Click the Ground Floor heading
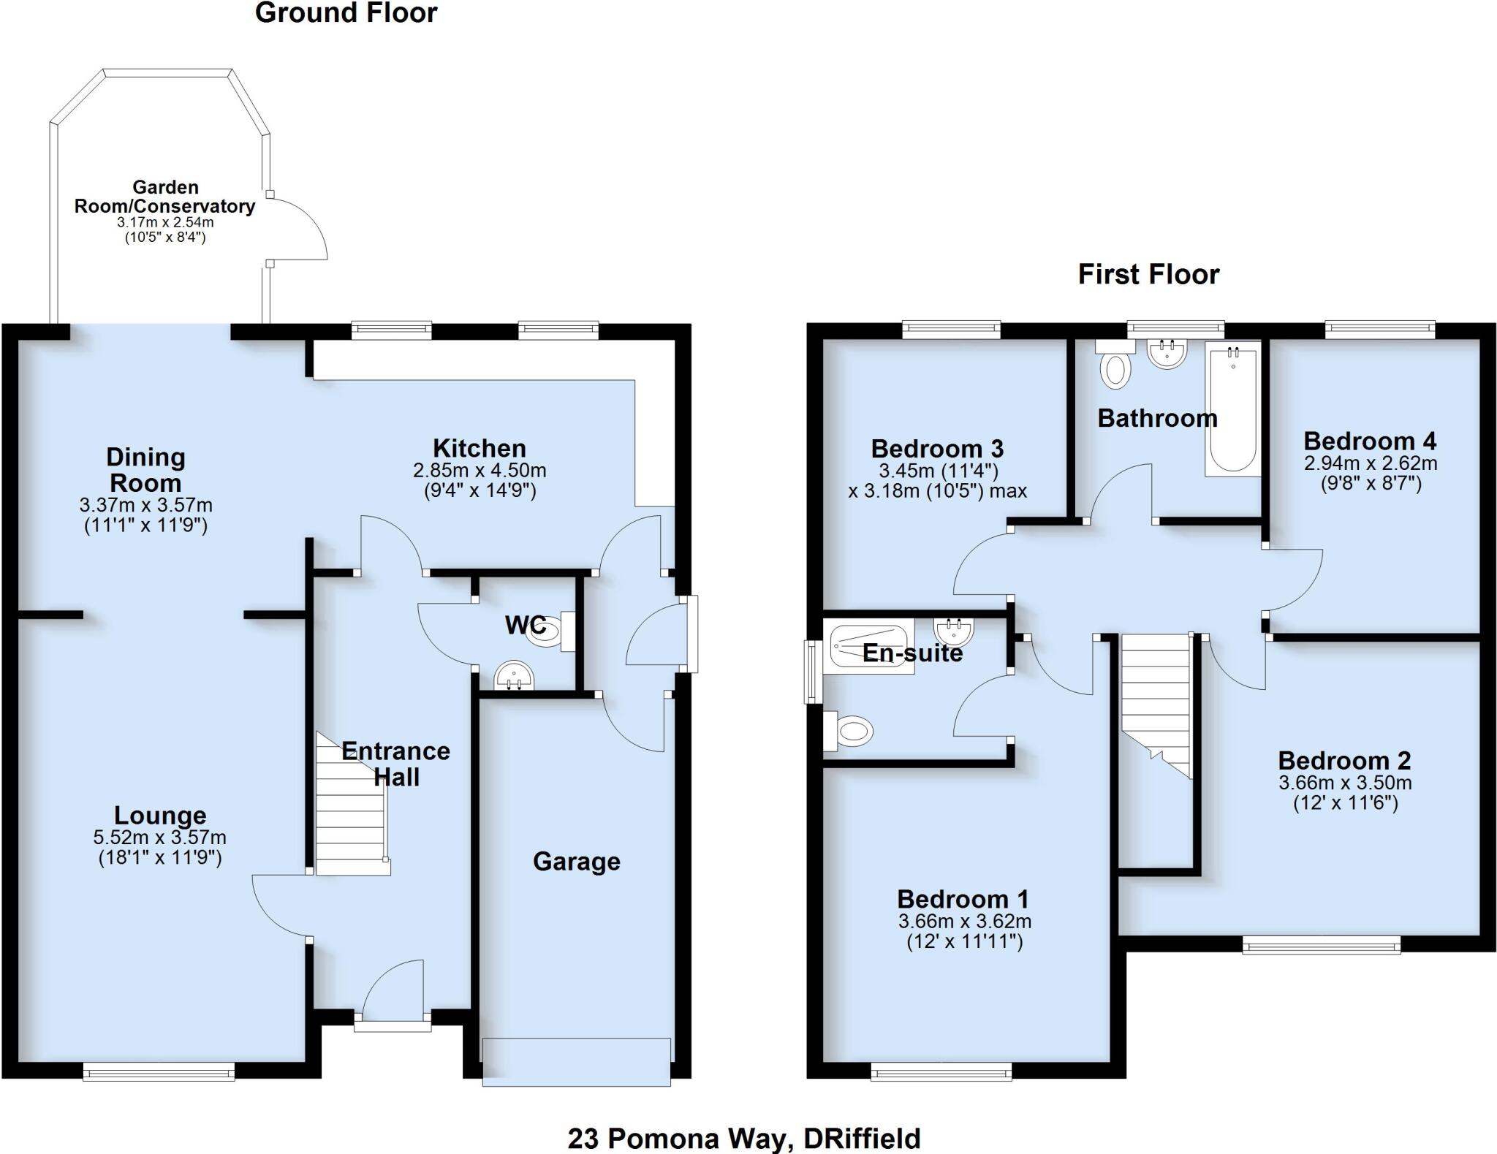coord(346,13)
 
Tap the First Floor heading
coord(1148,275)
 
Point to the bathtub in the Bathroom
coord(1233,409)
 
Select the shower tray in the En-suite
coord(871,647)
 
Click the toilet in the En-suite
coord(850,730)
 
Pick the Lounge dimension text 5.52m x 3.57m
coord(160,838)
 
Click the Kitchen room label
coord(479,448)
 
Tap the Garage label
coord(577,862)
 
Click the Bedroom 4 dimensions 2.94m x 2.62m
coord(1370,463)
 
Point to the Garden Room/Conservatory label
coord(164,197)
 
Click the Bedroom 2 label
coord(1344,761)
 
